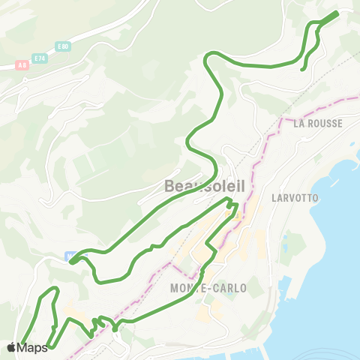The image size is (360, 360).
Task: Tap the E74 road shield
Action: [40, 57]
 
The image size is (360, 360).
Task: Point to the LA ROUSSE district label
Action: [319, 122]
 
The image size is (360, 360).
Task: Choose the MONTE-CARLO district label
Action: [208, 288]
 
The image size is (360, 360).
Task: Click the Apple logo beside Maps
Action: [12, 347]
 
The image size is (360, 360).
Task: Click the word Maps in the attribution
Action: [32, 347]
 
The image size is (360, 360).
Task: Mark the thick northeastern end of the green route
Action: [331, 16]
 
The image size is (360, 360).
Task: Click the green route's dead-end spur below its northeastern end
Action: [303, 69]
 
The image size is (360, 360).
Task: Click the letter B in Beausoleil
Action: [170, 185]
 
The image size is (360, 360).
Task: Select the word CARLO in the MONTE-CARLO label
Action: [230, 288]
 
